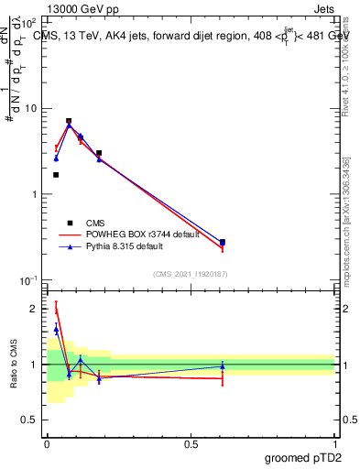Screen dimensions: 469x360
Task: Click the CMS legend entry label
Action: (95, 222)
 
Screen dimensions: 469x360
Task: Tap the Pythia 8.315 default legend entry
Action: (132, 246)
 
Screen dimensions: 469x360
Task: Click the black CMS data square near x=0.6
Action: (223, 242)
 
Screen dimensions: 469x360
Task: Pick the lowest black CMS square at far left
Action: (56, 174)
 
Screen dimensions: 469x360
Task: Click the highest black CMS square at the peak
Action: (69, 121)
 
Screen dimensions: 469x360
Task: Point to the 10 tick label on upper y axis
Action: (31, 109)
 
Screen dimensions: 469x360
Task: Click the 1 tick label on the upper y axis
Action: (34, 194)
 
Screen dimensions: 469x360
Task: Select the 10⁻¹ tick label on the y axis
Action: (28, 279)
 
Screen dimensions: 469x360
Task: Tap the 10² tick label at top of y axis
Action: (28, 23)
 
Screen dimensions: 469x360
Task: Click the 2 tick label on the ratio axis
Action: (34, 310)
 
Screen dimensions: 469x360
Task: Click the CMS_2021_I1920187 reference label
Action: (191, 274)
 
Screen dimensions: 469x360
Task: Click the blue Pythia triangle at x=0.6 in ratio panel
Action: (223, 366)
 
